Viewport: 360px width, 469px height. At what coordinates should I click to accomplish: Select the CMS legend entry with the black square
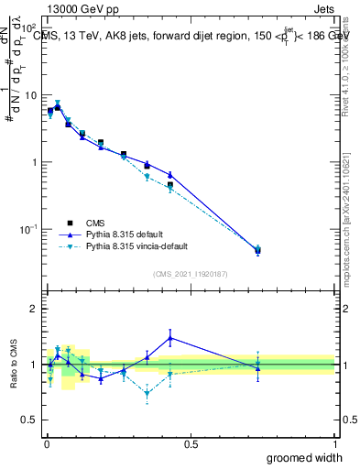(x=96, y=222)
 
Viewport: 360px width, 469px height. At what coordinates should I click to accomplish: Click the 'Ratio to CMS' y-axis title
(x=12, y=376)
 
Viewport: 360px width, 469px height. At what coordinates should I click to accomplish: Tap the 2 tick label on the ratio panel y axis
(x=35, y=309)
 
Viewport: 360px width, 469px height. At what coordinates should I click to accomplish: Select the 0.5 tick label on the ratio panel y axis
(x=30, y=420)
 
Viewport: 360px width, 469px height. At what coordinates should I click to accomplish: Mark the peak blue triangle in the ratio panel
(x=170, y=338)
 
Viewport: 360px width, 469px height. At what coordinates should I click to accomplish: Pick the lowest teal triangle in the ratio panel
(x=147, y=394)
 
